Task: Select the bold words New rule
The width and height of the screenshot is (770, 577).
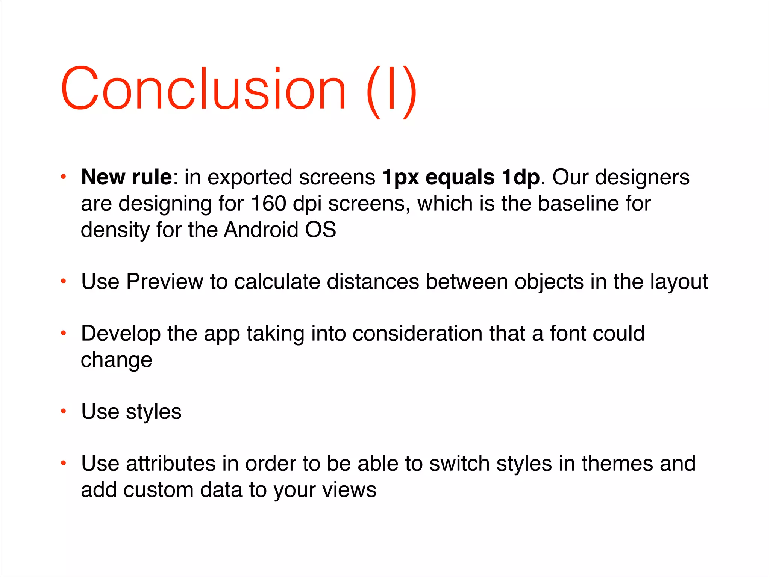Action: point(126,177)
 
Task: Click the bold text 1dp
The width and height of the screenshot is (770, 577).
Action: point(521,178)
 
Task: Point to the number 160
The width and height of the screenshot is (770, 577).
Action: point(268,204)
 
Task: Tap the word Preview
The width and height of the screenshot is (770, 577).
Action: point(165,281)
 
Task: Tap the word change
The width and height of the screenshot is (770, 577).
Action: point(117,360)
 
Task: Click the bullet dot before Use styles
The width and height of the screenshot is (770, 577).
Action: point(64,411)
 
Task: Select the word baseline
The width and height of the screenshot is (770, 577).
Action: point(578,204)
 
